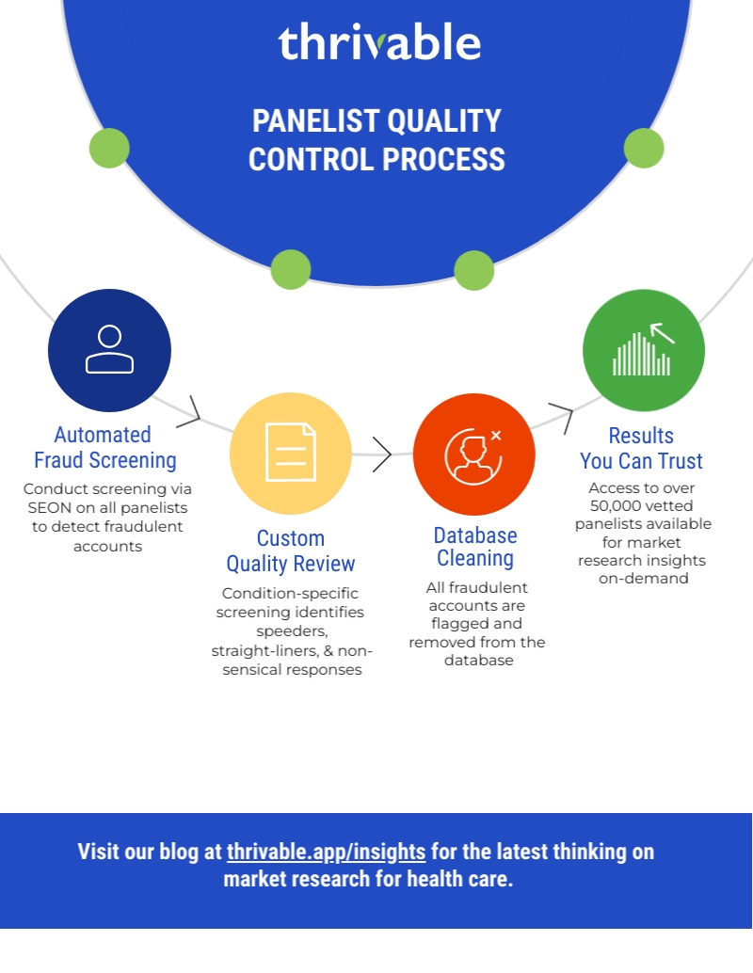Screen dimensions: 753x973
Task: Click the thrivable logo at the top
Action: coord(379,41)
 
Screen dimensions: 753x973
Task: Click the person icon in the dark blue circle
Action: coord(109,349)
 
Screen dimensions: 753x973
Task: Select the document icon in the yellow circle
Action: coord(291,452)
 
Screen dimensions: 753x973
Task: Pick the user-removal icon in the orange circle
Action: coord(473,455)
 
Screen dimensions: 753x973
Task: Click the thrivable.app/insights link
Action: coord(326,852)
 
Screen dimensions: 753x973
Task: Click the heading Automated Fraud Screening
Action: coord(104,447)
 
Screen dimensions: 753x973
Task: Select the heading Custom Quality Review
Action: coord(291,551)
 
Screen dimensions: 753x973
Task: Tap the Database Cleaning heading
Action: coord(475,547)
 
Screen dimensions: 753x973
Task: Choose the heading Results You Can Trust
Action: coord(641,449)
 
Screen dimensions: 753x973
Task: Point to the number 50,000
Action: coord(616,505)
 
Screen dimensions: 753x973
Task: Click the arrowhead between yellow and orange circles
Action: coord(382,455)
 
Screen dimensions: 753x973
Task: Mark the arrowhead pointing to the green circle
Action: coord(561,417)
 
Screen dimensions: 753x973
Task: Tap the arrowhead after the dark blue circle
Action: coord(190,412)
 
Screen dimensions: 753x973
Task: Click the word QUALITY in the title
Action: coord(445,121)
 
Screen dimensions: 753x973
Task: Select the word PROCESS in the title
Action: coord(444,159)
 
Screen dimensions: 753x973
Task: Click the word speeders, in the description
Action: coord(292,631)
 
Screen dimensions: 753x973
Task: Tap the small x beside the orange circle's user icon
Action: coord(496,436)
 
